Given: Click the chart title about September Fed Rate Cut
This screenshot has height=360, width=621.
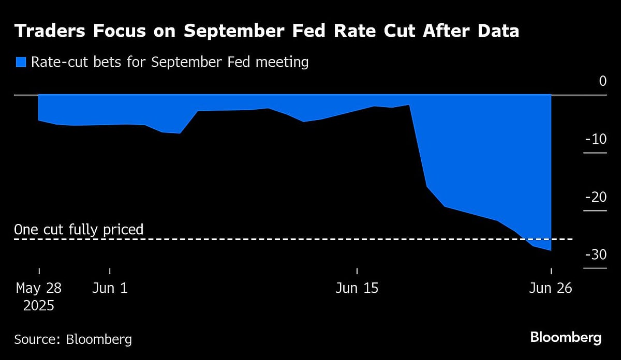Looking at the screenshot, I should pos(266,32).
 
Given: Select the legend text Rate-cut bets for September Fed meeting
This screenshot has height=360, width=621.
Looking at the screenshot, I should pos(170,63).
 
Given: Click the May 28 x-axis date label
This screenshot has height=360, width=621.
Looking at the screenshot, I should pos(39,288).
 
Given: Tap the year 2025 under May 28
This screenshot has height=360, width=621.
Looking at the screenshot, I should pos(39,306).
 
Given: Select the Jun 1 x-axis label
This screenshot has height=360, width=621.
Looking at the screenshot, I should pos(110,288).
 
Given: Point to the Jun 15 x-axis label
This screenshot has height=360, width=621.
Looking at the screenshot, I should pos(357,288).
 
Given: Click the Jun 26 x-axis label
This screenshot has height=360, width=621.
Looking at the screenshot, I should pos(551,288).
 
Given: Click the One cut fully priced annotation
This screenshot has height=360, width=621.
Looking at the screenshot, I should pos(79,229).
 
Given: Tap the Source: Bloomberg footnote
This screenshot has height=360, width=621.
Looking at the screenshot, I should pos(73,339).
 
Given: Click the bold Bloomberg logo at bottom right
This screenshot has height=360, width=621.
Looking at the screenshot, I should pos(566,338).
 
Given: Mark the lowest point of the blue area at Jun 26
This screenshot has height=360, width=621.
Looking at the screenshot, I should pos(550,250).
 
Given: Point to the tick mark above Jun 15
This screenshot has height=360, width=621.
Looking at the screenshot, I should pos(357,271).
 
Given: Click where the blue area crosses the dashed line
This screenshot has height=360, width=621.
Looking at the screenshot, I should pos(524,239).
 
